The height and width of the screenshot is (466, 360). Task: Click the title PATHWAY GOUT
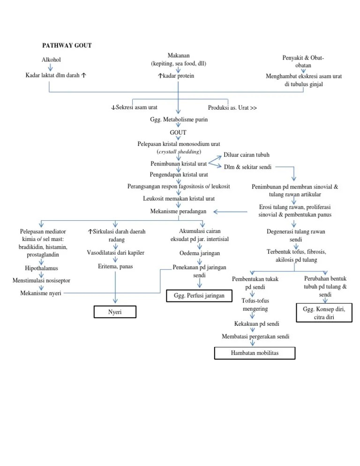67,45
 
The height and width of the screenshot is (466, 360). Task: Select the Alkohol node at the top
51,60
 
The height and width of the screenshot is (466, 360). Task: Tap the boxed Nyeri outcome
115,312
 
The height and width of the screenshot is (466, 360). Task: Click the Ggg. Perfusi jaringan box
200,296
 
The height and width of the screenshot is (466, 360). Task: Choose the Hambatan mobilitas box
255,353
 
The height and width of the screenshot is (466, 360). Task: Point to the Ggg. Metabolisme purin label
179,120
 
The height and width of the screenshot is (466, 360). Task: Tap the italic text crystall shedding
179,151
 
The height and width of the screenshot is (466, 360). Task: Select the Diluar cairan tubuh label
247,155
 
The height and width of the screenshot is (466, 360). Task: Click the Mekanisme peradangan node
178,212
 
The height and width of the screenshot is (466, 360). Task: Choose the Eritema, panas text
115,266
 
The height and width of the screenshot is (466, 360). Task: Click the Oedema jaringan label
200,253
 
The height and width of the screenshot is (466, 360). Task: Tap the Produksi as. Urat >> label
232,108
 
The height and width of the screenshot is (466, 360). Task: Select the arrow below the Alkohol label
51,68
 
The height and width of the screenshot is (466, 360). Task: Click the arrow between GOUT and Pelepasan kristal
178,139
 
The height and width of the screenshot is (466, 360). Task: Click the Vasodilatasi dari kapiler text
115,253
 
